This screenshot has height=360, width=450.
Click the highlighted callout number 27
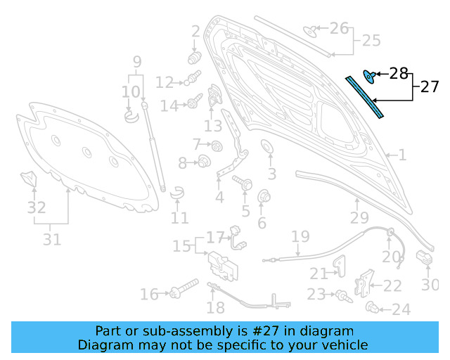point(430,87)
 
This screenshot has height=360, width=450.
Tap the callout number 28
point(399,73)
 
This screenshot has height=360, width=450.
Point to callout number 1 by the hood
point(403,155)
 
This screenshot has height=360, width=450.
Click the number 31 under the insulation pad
point(51,239)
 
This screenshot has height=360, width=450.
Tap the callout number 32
point(37,207)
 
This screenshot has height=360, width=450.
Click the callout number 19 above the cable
point(300,236)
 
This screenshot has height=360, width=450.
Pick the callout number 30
point(430,285)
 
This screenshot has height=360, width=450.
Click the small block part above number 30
point(424,257)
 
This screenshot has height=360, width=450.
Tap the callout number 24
point(401,309)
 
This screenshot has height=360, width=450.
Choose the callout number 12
point(164,83)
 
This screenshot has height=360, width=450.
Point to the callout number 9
point(137,61)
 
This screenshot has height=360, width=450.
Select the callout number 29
point(359,218)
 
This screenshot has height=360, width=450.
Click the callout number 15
point(181,246)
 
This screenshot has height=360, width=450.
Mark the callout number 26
point(339,28)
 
